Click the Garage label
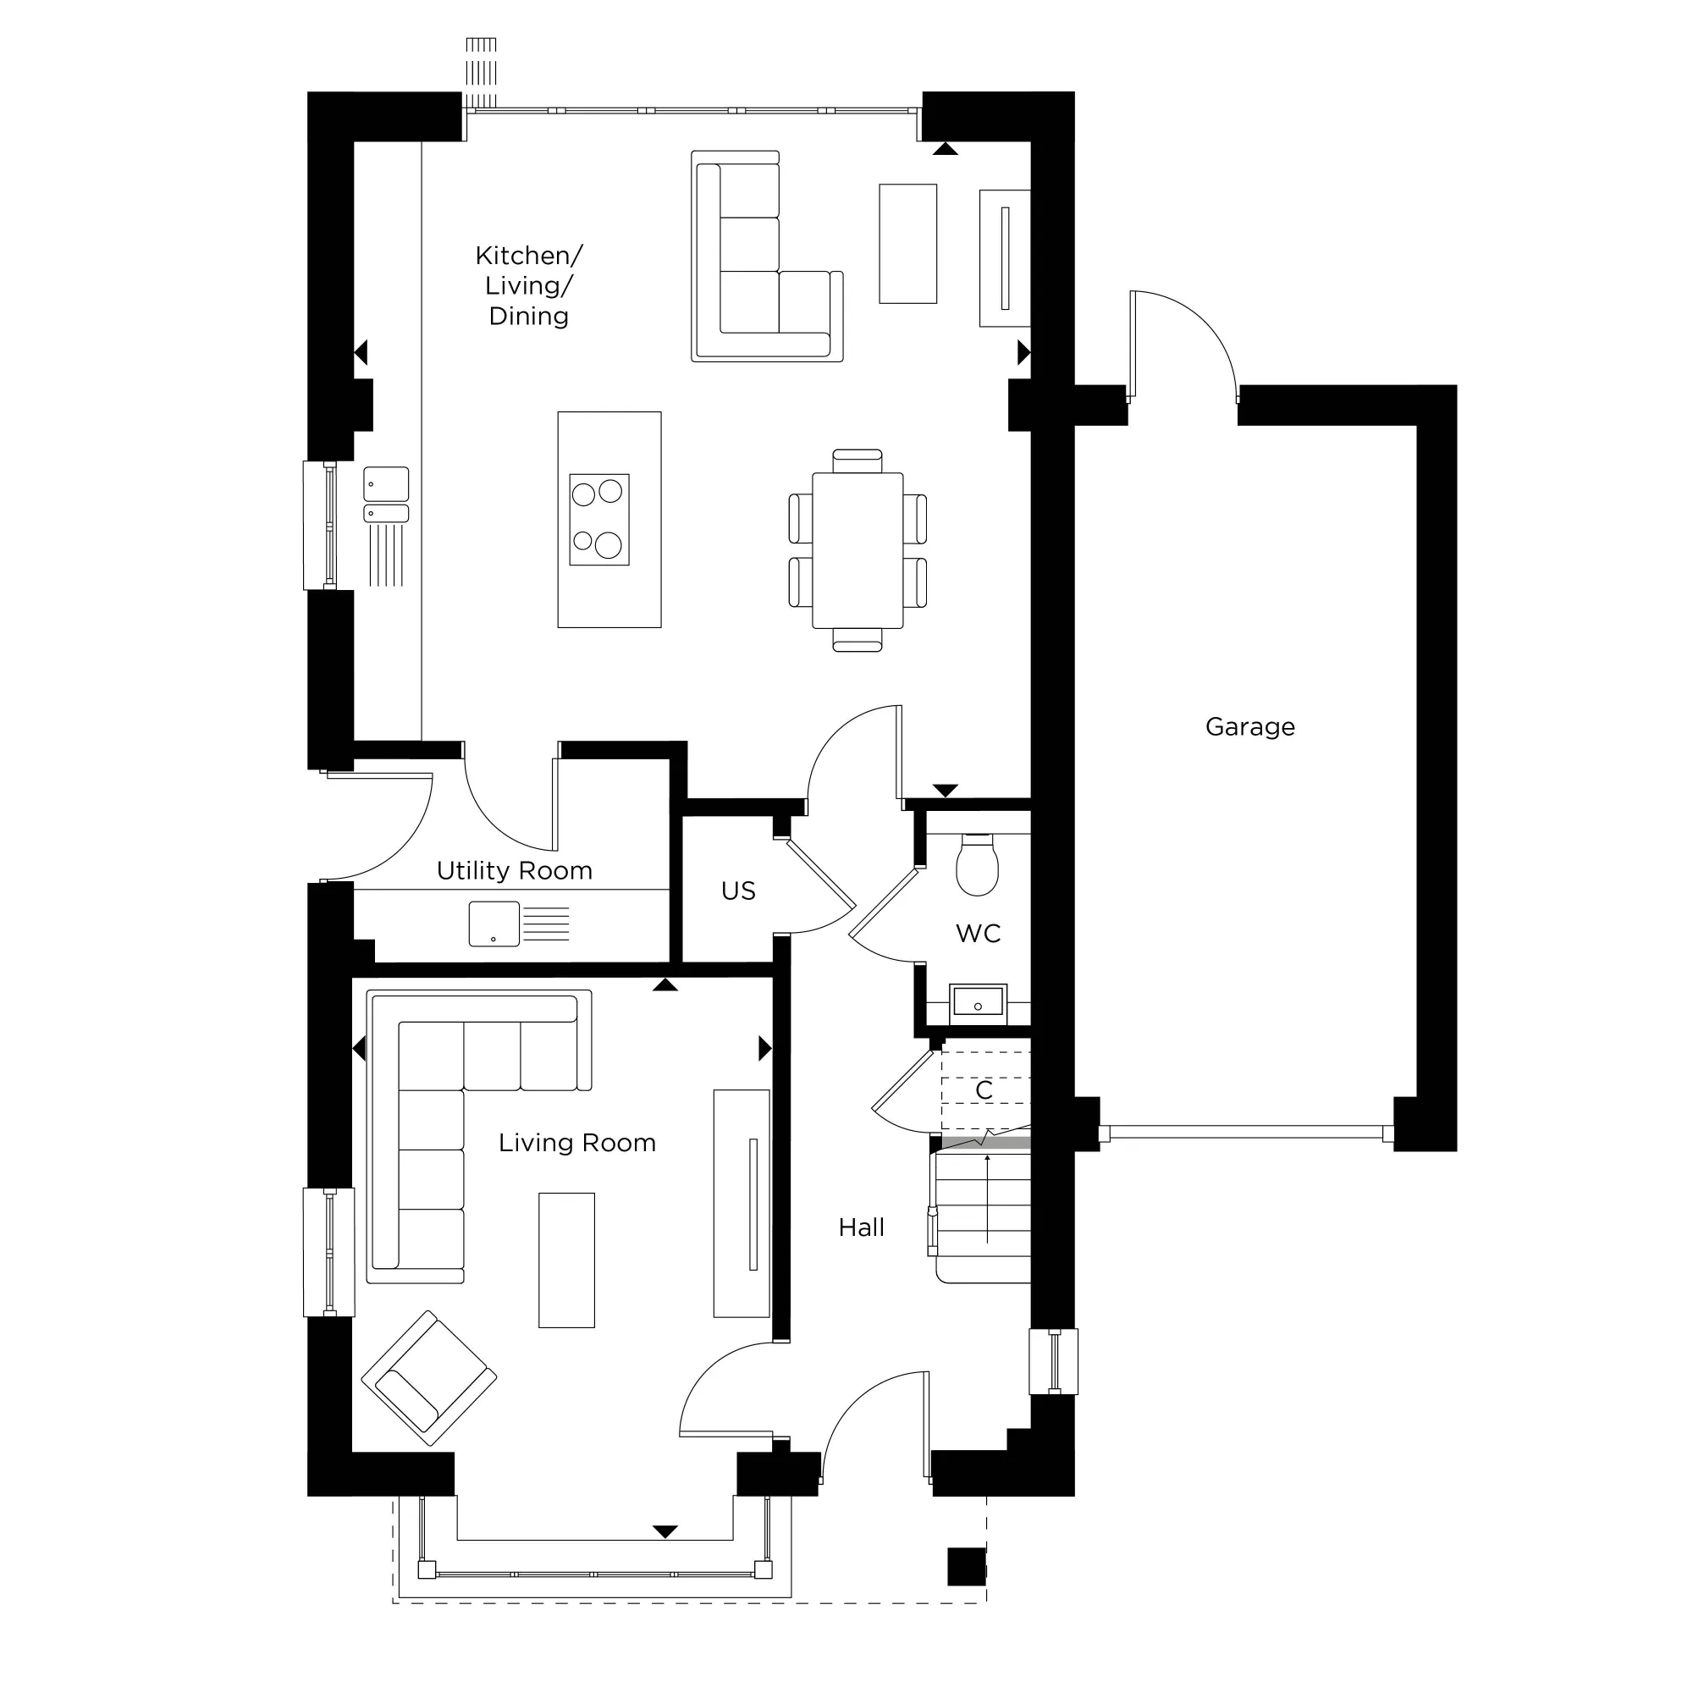(1249, 726)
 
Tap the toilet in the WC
(977, 866)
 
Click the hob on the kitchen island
(599, 520)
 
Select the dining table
(857, 550)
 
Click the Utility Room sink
(494, 924)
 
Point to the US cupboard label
(738, 891)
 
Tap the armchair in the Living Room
(428, 1377)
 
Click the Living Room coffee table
(566, 1260)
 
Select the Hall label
(861, 1227)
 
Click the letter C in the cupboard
(984, 1090)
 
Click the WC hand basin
(978, 1001)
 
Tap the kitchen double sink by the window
(387, 495)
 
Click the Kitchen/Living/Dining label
(528, 285)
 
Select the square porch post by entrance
(967, 1566)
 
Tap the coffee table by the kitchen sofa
(907, 244)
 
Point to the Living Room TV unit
(742, 1203)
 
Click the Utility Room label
(515, 870)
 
